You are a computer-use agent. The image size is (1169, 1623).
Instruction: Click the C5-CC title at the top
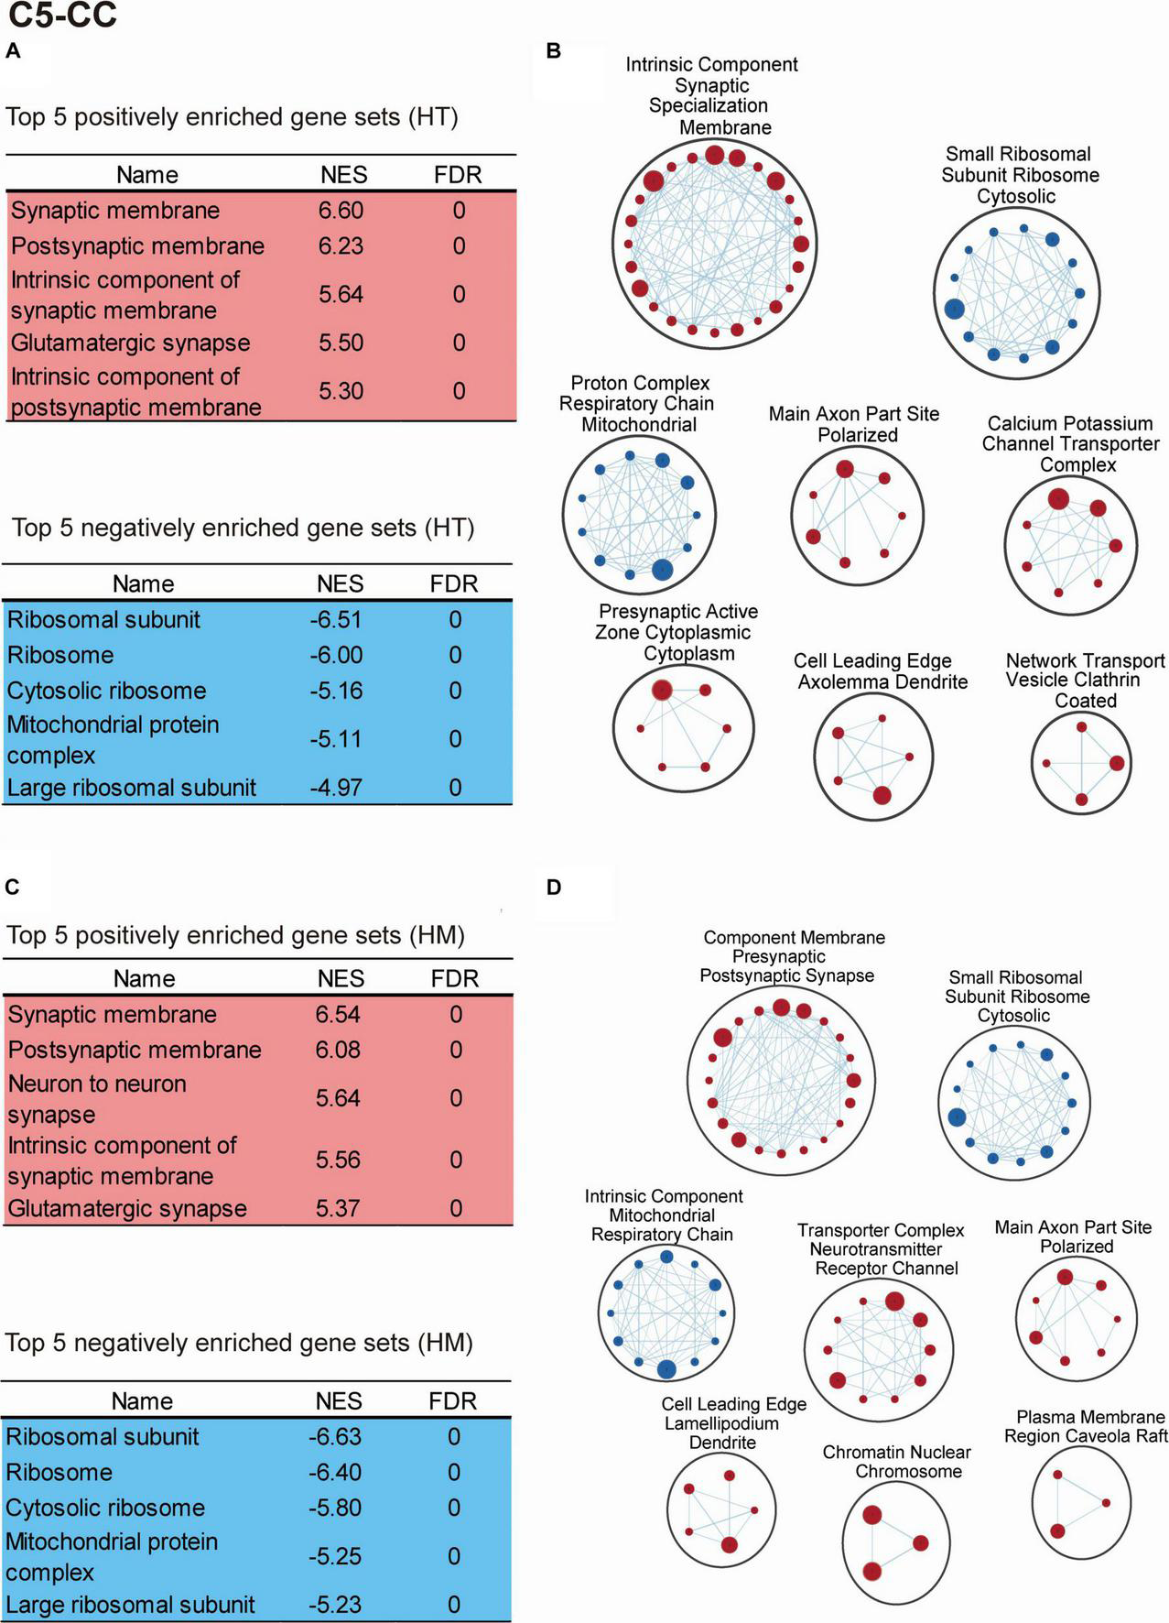click(x=62, y=16)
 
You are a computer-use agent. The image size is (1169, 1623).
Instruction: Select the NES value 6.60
click(x=341, y=211)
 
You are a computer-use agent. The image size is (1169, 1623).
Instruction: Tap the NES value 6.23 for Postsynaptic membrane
click(x=341, y=246)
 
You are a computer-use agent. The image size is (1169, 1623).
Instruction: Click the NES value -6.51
click(x=336, y=620)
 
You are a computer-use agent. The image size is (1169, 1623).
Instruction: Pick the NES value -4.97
click(x=336, y=788)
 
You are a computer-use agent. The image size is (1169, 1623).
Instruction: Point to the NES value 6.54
click(x=338, y=1015)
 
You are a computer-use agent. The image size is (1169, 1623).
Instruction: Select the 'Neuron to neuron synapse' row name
click(x=97, y=1099)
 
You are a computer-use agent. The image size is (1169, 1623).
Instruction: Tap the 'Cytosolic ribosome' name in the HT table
click(x=106, y=691)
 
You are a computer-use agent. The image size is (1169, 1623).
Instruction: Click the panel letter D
click(x=553, y=888)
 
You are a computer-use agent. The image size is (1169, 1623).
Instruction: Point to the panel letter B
click(x=553, y=51)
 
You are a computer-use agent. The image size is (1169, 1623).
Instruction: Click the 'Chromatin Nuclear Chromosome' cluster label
click(x=896, y=1462)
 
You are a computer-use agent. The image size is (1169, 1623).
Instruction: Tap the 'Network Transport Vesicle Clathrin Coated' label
click(x=1086, y=681)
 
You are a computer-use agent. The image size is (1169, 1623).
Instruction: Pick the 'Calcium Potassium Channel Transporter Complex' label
click(x=1071, y=444)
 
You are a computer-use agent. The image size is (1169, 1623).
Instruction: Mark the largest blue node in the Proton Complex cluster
click(x=662, y=570)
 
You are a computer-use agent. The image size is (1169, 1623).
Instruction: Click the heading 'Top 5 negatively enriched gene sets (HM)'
click(x=239, y=1344)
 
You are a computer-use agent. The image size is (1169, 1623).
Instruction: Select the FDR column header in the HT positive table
click(x=458, y=175)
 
